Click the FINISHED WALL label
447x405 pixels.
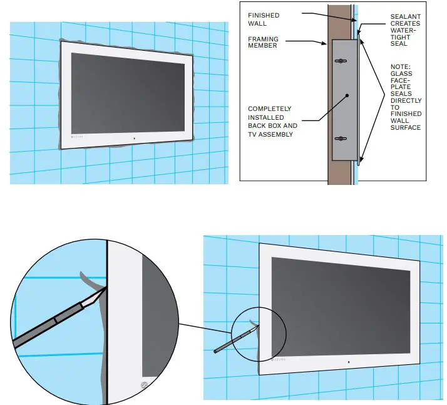tap(264, 19)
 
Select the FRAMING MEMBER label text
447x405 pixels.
tap(264, 42)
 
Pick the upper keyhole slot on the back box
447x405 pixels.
tap(341, 61)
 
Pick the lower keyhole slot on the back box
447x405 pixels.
tap(341, 139)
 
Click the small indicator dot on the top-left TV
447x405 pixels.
tap(134, 137)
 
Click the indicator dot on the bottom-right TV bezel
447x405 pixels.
tap(347, 361)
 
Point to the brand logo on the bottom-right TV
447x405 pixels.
tap(279, 359)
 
